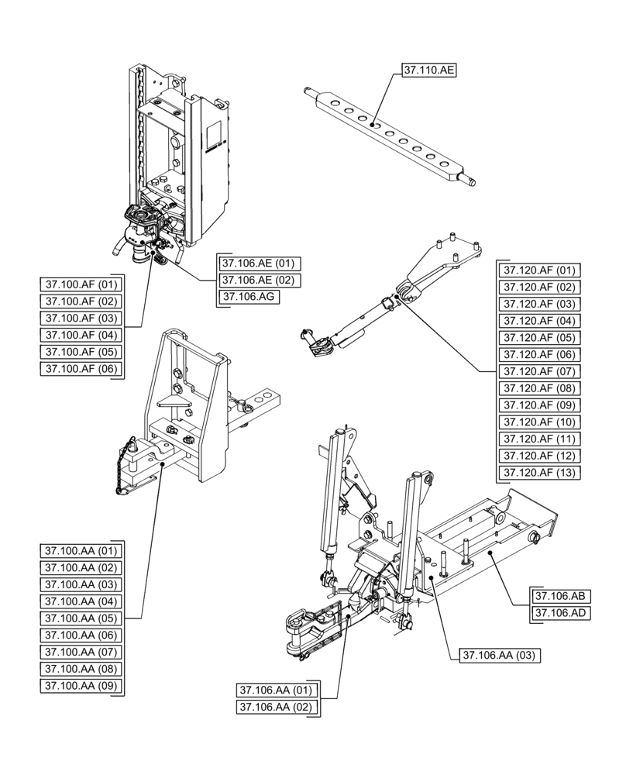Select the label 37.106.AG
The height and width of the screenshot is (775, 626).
tap(249, 297)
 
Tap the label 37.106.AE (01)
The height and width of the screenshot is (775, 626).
tap(256, 263)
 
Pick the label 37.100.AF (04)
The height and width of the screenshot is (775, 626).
tap(81, 335)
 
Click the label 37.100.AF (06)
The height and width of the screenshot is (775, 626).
tap(81, 369)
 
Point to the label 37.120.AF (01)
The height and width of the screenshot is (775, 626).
tap(539, 270)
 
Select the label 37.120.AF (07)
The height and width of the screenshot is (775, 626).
tap(539, 371)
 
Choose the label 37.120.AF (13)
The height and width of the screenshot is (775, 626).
tap(539, 473)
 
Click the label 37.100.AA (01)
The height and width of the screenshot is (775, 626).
tap(81, 551)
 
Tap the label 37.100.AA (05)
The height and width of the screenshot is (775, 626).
tap(81, 618)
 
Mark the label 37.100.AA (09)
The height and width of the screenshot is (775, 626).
tap(81, 686)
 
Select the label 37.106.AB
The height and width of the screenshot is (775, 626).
tap(560, 597)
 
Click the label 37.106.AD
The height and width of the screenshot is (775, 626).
tap(560, 614)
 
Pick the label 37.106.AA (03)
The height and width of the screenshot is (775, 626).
tap(498, 656)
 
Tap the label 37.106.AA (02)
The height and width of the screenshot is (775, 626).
tap(275, 707)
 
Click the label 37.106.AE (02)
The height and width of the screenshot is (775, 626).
tap(256, 280)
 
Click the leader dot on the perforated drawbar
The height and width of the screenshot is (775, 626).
tap(372, 122)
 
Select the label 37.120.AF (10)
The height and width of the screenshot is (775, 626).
tap(539, 422)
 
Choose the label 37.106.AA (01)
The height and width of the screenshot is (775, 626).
tap(275, 690)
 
